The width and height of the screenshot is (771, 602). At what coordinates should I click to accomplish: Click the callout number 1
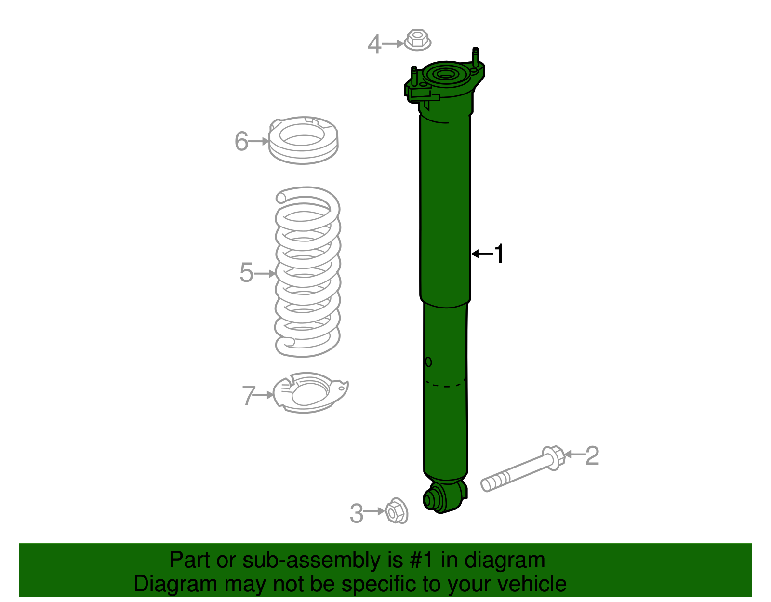point(499,254)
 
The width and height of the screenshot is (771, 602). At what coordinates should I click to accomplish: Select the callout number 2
point(592,455)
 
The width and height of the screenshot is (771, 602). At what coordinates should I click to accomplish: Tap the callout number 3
point(357,513)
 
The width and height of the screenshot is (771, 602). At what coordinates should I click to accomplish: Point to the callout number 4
point(374,44)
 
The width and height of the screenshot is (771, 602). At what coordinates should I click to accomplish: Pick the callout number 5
point(246,273)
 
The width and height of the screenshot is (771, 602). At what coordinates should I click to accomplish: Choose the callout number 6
point(241,141)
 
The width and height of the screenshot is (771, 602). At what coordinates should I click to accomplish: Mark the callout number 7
point(248,396)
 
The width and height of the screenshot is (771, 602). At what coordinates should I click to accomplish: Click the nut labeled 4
point(417,40)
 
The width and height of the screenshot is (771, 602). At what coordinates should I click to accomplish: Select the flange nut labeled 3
point(397,510)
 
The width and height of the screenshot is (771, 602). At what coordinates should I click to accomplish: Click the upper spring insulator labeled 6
point(303,140)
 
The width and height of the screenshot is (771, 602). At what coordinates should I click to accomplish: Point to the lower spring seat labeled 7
point(310,392)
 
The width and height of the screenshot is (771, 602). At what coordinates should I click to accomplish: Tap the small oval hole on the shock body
point(428,362)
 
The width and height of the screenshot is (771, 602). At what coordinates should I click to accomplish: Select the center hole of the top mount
point(445,75)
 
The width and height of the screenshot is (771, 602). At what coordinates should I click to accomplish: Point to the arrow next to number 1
point(482,254)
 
